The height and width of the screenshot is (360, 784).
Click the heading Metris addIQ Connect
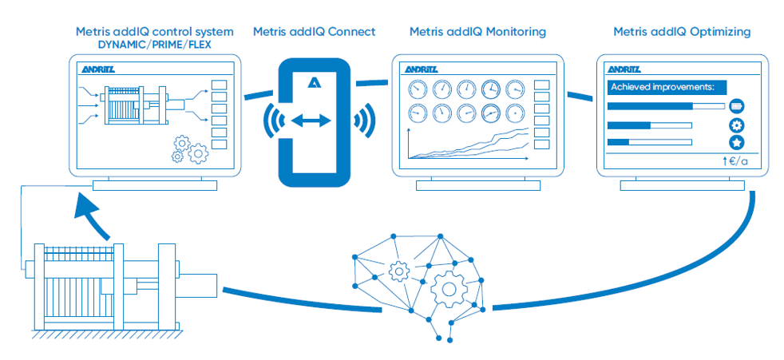click(314, 32)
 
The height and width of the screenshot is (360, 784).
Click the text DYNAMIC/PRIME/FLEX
click(154, 45)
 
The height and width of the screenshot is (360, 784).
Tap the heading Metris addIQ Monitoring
click(477, 32)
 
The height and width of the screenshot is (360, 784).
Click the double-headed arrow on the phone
click(314, 121)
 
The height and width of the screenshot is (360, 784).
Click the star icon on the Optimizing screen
click(736, 143)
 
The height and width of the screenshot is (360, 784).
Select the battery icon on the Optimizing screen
click(736, 105)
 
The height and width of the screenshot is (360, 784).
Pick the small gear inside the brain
click(397, 271)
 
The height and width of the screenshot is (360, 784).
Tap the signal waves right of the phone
click(363, 121)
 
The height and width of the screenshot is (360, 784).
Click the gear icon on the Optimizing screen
click(736, 125)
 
